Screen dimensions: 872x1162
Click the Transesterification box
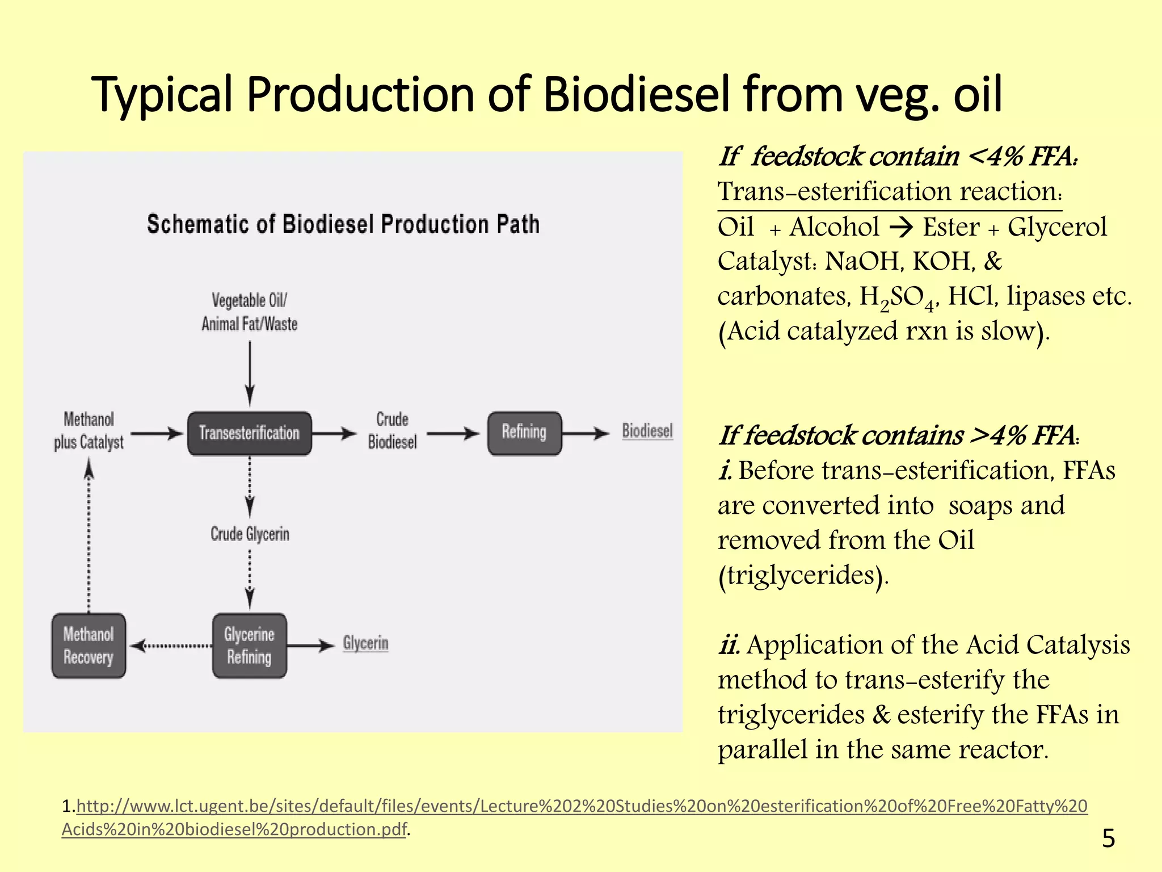pyautogui.click(x=249, y=433)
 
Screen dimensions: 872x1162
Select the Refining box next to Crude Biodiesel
pyautogui.click(x=524, y=433)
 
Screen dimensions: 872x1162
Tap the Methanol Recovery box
pyautogui.click(x=89, y=645)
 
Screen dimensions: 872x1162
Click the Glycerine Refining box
pyautogui.click(x=249, y=645)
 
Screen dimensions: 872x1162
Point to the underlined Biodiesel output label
pyautogui.click(x=647, y=431)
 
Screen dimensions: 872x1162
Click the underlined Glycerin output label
pyautogui.click(x=365, y=643)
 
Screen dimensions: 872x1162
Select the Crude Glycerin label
pyautogui.click(x=250, y=534)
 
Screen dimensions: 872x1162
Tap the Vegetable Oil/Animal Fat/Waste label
pyautogui.click(x=250, y=312)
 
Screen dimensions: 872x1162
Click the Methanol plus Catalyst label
pyautogui.click(x=89, y=431)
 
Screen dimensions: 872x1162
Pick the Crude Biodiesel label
pyautogui.click(x=392, y=431)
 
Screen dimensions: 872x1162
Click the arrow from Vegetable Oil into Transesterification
pyautogui.click(x=250, y=372)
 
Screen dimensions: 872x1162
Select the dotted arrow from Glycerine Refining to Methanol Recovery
pyautogui.click(x=170, y=645)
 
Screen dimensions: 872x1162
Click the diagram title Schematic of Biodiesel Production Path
pyautogui.click(x=343, y=224)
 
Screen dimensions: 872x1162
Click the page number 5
pyautogui.click(x=1108, y=838)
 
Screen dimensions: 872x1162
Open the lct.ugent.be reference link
pyautogui.click(x=579, y=806)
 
